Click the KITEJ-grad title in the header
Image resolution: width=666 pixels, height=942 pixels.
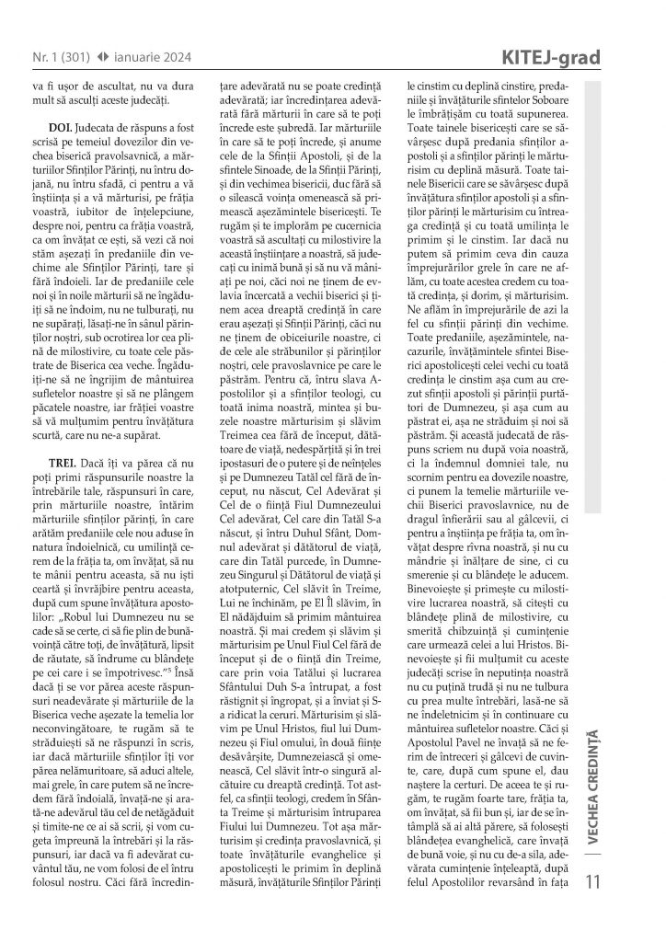[x=552, y=60]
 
